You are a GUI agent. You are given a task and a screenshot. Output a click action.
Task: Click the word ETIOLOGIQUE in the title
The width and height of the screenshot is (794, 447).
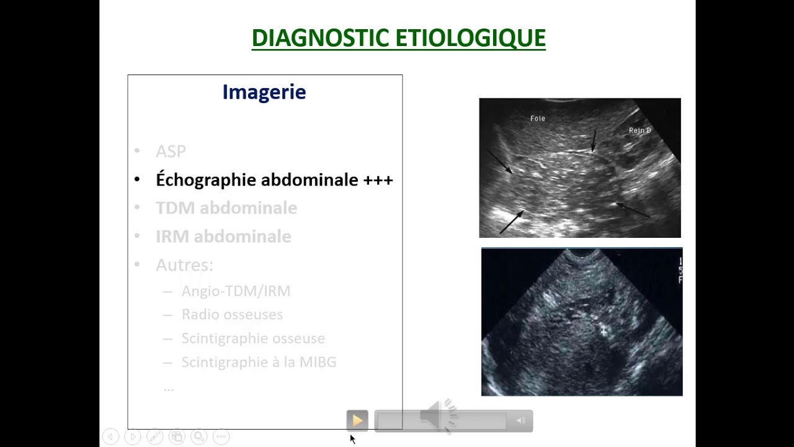pyautogui.click(x=470, y=38)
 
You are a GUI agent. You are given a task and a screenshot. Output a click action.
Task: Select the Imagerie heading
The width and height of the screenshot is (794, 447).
pyautogui.click(x=264, y=92)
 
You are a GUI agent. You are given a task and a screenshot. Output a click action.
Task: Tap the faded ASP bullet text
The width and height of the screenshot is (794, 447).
pyautogui.click(x=171, y=151)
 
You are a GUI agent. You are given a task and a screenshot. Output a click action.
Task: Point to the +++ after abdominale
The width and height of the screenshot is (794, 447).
pyautogui.click(x=378, y=180)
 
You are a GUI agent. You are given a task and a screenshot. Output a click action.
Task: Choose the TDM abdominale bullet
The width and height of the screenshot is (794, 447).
pyautogui.click(x=226, y=208)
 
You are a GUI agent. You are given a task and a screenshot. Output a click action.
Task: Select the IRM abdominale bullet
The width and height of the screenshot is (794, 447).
pyautogui.click(x=223, y=237)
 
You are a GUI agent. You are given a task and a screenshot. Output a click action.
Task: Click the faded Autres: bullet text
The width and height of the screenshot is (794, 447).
pyautogui.click(x=184, y=265)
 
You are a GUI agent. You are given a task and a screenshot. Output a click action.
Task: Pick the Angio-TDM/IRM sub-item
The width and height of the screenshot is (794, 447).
pyautogui.click(x=236, y=291)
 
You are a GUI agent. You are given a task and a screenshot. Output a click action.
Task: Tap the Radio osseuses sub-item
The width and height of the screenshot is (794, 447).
pyautogui.click(x=232, y=315)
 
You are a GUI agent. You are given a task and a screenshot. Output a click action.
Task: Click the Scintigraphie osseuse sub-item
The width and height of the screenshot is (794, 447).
pyautogui.click(x=253, y=338)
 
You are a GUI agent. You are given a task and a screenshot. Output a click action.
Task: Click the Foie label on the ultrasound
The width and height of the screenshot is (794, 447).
pyautogui.click(x=537, y=118)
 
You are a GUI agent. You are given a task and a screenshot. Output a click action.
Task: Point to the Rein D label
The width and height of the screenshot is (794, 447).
pyautogui.click(x=640, y=130)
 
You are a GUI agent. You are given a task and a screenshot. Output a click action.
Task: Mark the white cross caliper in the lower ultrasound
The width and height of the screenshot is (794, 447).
pyautogui.click(x=604, y=332)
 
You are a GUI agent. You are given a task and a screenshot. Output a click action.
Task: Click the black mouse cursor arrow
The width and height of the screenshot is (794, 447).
pyautogui.click(x=352, y=439)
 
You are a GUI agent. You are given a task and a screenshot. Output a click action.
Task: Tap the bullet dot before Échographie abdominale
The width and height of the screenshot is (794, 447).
pyautogui.click(x=138, y=180)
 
